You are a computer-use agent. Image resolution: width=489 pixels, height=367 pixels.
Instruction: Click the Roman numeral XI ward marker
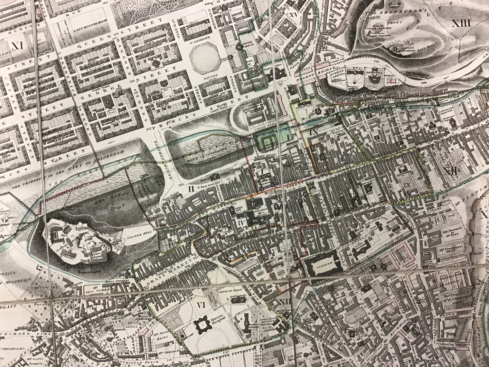pos(16,46)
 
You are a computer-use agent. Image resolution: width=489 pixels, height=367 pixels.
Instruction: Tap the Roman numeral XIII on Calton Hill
pos(461,23)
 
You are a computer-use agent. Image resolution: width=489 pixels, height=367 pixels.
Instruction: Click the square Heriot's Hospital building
pos(201,325)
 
